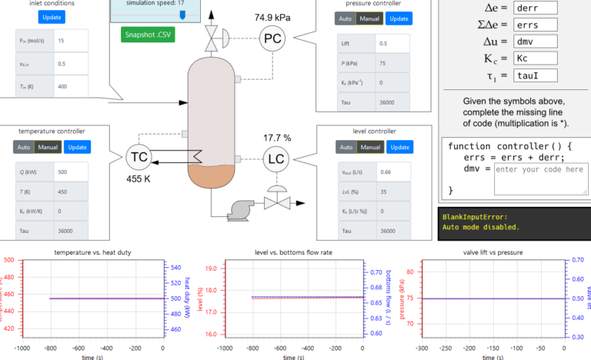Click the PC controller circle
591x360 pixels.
pyautogui.click(x=272, y=38)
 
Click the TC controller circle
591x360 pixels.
pyautogui.click(x=139, y=157)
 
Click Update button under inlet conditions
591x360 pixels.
pyautogui.click(x=52, y=17)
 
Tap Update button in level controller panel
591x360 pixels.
pyautogui.click(x=399, y=147)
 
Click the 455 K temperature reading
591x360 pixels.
pyautogui.click(x=139, y=178)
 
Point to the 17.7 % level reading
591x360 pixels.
pyautogui.click(x=277, y=138)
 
